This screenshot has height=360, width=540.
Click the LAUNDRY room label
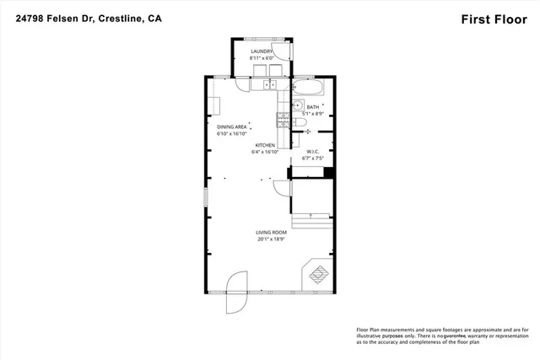(262, 51)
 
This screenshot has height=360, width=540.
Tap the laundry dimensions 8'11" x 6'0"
(262, 58)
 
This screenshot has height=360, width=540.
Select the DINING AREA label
(231, 126)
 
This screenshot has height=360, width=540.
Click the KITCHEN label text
(264, 146)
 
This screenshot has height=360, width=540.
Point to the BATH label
(313, 107)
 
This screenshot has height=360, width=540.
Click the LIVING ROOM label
(272, 232)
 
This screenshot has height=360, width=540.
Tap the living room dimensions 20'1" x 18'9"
(272, 239)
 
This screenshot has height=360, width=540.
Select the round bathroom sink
(297, 106)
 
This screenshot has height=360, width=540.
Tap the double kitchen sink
(269, 85)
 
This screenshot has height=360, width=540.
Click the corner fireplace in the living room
(318, 273)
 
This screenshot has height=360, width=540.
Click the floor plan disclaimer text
(439, 336)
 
